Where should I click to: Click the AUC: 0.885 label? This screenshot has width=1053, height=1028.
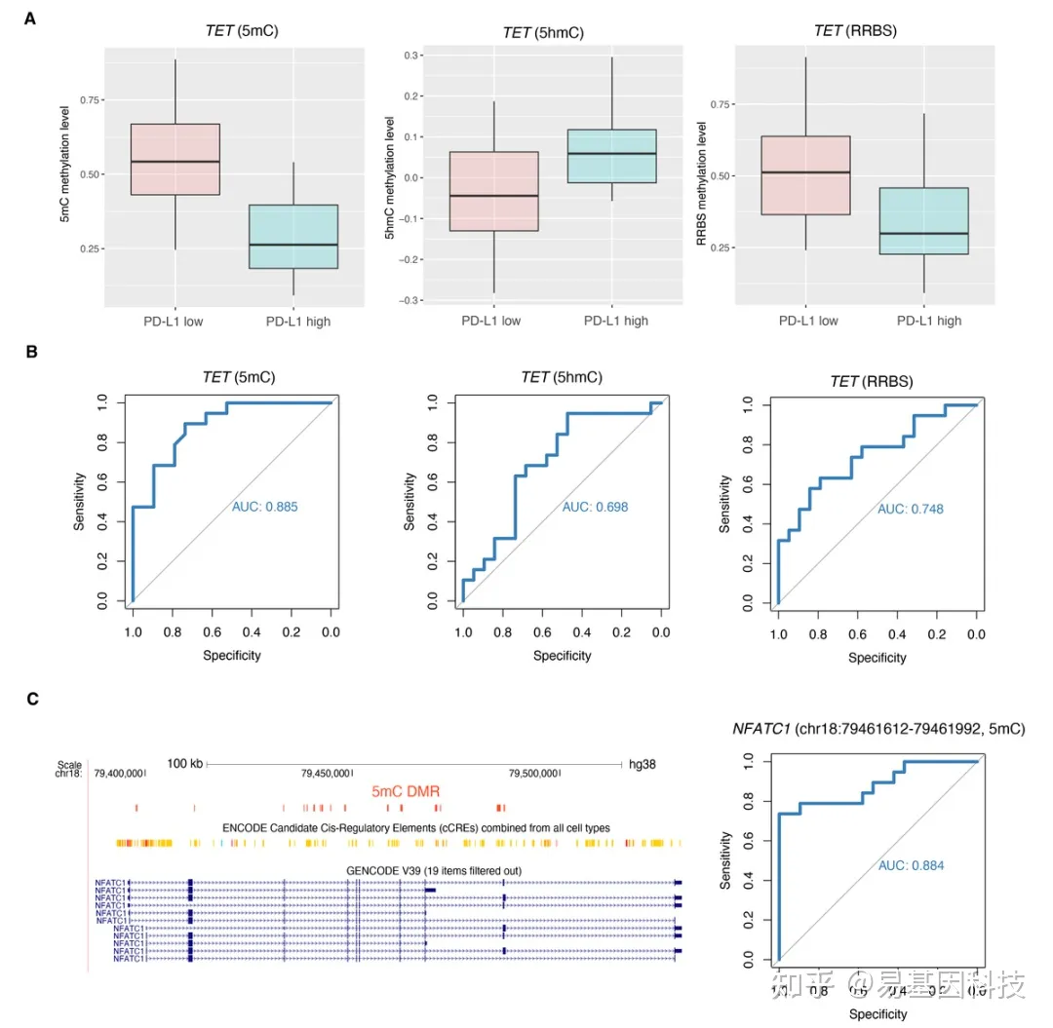[265, 507]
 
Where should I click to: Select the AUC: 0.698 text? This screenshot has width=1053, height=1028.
[596, 507]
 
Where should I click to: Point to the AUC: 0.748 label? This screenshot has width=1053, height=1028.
[910, 509]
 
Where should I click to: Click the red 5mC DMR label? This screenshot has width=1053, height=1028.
[407, 792]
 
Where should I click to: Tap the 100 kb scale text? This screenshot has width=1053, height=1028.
[183, 763]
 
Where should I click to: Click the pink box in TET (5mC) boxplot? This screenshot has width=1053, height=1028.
[175, 160]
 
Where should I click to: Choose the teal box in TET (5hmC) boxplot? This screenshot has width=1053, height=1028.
[611, 156]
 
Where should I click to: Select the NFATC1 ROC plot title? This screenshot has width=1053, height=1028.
[877, 728]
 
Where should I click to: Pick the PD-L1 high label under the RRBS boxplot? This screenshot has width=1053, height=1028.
[929, 321]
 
